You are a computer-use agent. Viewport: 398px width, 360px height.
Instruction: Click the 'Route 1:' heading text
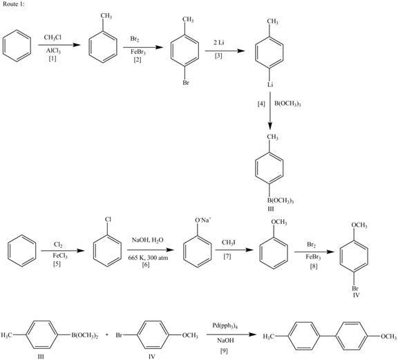[x=14, y=4]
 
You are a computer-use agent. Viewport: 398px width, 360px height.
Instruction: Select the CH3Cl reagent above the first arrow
[x=53, y=37]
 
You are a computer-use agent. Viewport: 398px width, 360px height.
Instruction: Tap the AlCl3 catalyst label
[x=53, y=51]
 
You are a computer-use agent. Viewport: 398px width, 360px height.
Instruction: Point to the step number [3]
[x=218, y=56]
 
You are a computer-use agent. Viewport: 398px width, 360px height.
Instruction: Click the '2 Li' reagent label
[x=218, y=42]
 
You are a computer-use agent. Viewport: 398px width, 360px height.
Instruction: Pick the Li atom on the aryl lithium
[x=270, y=84]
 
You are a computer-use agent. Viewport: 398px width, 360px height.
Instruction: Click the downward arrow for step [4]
[x=270, y=111]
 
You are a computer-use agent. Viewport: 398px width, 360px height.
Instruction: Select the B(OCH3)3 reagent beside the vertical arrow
[x=287, y=104]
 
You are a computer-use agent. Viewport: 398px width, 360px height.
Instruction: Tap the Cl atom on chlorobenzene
[x=108, y=220]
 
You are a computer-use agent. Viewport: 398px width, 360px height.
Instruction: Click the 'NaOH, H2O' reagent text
[x=147, y=240]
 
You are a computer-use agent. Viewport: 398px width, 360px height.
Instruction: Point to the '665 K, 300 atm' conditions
[x=148, y=258]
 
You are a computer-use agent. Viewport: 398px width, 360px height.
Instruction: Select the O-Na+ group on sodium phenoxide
[x=203, y=220]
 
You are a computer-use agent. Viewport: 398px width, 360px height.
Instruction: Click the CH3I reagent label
[x=229, y=243]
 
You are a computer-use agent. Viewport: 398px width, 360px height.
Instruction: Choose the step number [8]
[x=314, y=266]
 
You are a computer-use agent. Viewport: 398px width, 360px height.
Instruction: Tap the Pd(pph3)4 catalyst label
[x=225, y=325]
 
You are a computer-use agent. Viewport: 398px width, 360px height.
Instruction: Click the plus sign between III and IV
[x=107, y=335]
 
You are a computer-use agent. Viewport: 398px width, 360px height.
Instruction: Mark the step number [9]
[x=224, y=351]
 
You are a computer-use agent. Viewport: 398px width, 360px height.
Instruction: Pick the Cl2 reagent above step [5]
[x=58, y=245]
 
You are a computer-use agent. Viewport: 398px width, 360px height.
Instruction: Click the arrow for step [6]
[x=151, y=250]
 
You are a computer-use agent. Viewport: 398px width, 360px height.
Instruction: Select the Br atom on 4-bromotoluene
[x=186, y=83]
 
